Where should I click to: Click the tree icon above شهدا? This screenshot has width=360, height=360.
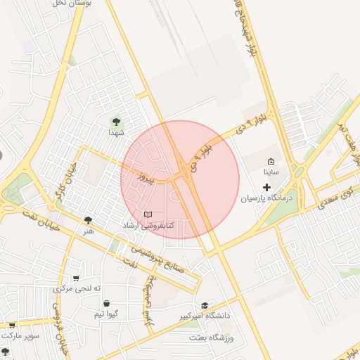116,122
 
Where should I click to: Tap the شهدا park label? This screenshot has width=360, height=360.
116,132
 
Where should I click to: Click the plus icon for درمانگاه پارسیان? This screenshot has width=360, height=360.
266,187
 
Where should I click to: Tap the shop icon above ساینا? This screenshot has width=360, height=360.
271,161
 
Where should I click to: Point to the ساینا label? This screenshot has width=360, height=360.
271,172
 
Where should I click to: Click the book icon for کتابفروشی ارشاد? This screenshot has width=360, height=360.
148,214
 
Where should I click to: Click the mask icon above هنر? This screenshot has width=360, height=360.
88,220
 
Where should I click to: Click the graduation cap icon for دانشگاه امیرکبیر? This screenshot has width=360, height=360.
205,306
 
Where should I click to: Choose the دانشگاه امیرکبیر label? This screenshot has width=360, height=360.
205,316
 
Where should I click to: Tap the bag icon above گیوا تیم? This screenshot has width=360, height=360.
106,304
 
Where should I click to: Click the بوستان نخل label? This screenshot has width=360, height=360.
69,4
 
